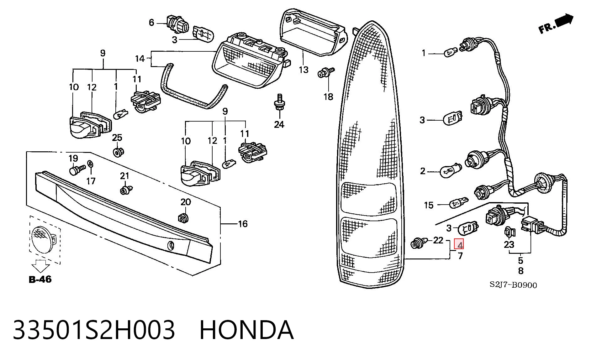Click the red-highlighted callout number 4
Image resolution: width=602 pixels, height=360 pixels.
click(x=459, y=244)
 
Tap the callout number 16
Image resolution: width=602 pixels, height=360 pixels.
click(x=243, y=224)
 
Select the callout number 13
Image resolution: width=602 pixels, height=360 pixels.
click(x=304, y=70)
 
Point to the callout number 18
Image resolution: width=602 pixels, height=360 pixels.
click(x=328, y=97)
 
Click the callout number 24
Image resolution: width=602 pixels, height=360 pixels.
click(x=279, y=124)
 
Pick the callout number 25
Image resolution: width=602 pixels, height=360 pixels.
click(x=117, y=137)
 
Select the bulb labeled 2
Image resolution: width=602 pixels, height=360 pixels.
click(x=451, y=171)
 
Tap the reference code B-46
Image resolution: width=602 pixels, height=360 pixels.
click(x=40, y=279)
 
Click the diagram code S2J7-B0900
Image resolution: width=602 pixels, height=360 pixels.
click(x=513, y=285)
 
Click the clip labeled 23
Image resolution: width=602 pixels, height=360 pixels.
click(x=509, y=232)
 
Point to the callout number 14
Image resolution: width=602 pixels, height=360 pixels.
click(x=140, y=59)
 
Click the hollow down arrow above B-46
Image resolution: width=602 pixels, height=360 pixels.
click(x=41, y=266)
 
